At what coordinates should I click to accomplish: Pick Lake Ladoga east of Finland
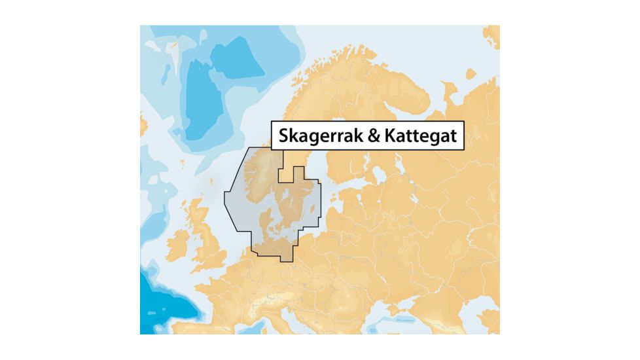pyautogui.click(x=379, y=176)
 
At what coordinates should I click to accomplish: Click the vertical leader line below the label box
pyautogui.click(x=283, y=160)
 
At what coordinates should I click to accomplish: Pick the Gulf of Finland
pyautogui.click(x=347, y=187)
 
